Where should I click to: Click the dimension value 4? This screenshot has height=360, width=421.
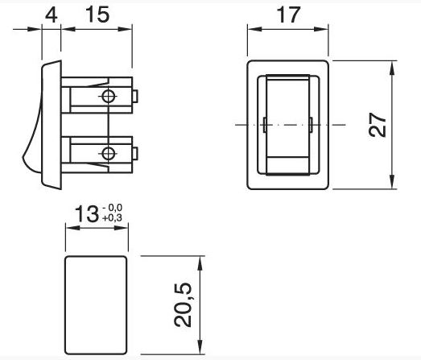tap(51, 15)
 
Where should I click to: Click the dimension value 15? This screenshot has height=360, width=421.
tap(97, 14)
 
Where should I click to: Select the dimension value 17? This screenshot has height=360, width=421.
tap(289, 15)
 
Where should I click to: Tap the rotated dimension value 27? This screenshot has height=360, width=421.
tap(378, 125)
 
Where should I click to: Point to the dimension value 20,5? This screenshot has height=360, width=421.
tap(183, 305)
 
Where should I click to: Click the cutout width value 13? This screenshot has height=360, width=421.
tap(87, 214)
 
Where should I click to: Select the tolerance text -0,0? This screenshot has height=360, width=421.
tap(112, 208)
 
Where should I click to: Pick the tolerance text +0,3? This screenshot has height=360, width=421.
tap(112, 217)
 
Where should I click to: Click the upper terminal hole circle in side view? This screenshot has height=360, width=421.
tap(109, 97)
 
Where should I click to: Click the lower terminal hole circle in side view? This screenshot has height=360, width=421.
tap(109, 154)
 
